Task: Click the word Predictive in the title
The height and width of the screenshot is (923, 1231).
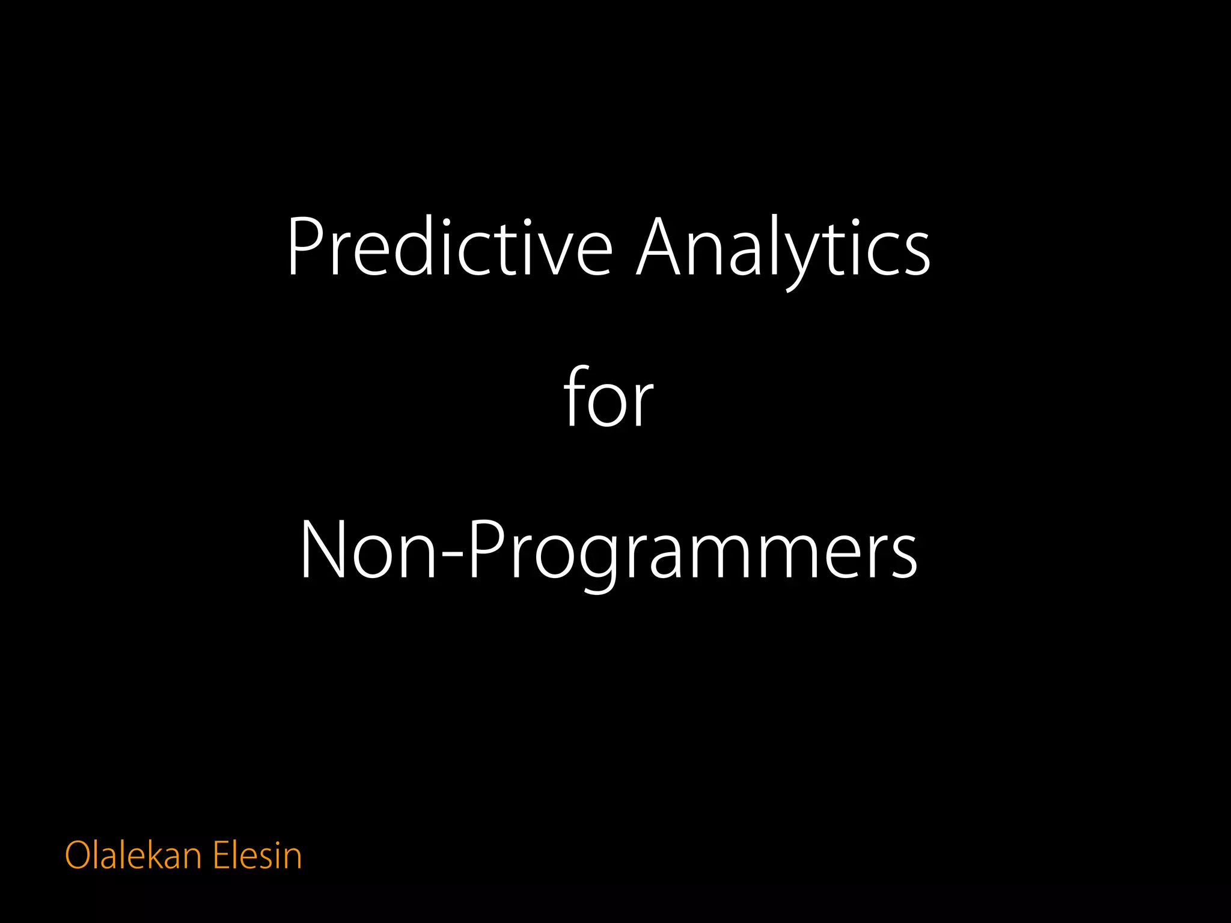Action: (450, 248)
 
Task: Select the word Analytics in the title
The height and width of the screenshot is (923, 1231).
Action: (783, 248)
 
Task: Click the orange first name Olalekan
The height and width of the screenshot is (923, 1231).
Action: (133, 855)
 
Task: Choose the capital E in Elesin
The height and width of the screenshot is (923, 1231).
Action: (222, 855)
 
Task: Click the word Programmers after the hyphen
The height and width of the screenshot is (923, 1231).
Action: (691, 553)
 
